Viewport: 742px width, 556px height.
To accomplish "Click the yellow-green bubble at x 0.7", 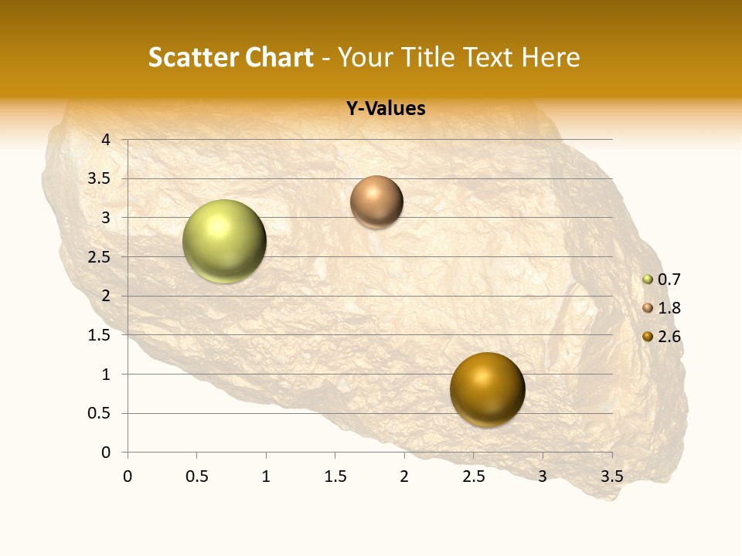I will point(224,241).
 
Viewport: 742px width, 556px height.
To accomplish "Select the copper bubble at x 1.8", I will point(376,202).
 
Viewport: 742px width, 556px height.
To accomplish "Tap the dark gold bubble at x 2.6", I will point(487,389).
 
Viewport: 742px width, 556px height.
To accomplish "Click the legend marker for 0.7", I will point(648,280).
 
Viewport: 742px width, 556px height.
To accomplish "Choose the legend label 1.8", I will point(669,308).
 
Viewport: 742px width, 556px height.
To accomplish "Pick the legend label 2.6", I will point(669,337).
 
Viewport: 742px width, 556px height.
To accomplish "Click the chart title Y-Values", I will point(386,109).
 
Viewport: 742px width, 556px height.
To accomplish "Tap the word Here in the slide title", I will point(550,57).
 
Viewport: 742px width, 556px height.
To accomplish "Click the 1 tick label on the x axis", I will point(266,476).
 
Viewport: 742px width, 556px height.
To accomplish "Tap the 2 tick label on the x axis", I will point(404,476).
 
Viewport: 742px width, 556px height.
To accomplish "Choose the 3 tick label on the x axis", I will point(543,476).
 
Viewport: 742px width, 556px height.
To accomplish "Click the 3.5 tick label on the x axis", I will point(611,476).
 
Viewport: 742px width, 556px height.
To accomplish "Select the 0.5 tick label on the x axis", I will point(196,476).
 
